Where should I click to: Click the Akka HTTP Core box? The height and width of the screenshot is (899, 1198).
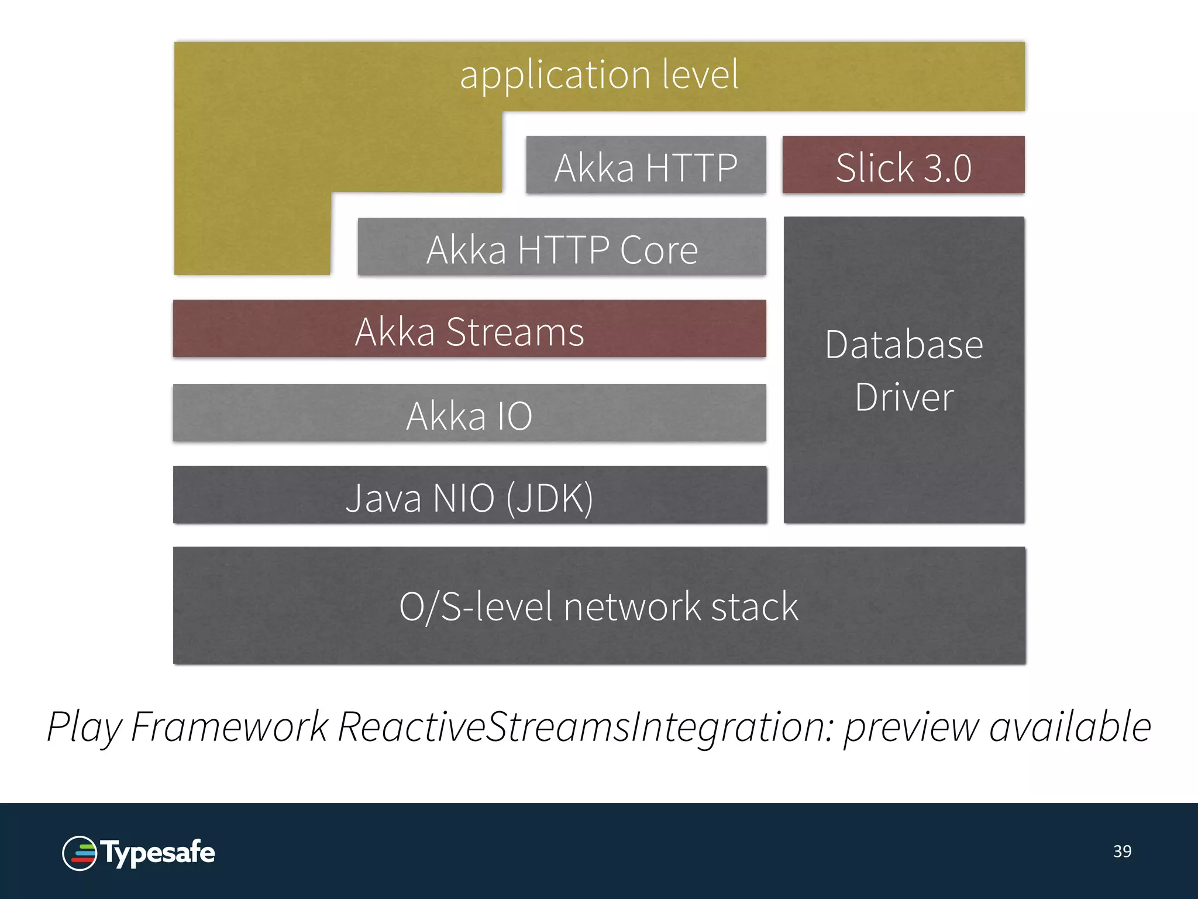coord(562,247)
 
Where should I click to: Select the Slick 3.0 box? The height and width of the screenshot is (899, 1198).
coord(903,165)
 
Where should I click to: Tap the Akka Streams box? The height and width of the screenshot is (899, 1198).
coord(469,330)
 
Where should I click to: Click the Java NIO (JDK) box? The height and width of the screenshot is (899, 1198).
coord(469,496)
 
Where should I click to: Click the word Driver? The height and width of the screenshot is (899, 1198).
coord(904,398)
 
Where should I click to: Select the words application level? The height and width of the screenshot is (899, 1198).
coord(599,75)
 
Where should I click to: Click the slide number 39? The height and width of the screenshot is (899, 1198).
coord(1122,851)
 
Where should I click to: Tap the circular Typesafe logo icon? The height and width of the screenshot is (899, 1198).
coord(80,853)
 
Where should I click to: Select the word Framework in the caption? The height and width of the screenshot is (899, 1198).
coord(229,727)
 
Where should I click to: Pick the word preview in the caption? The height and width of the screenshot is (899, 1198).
coord(910,727)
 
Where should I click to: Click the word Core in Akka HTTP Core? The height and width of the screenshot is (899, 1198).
coord(659,250)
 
